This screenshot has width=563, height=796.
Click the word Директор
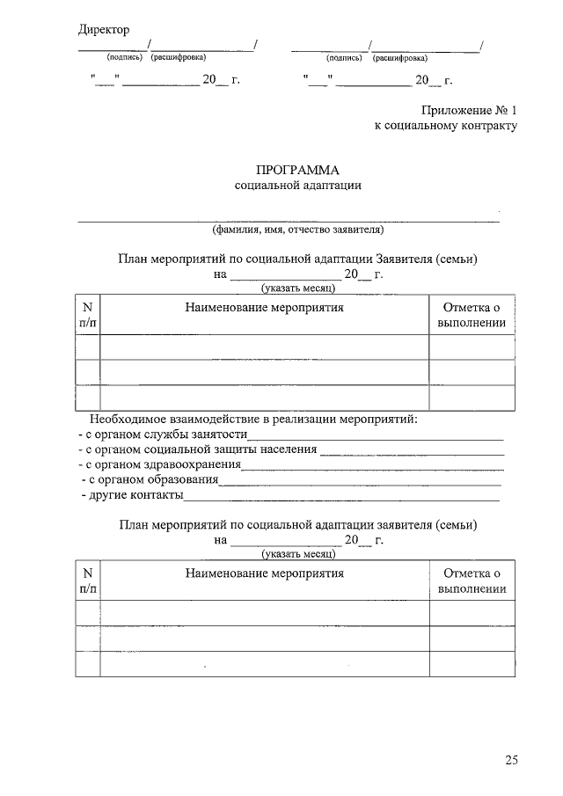[x=104, y=30]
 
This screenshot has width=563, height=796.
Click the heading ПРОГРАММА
[x=296, y=170]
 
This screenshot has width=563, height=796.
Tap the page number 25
[x=512, y=759]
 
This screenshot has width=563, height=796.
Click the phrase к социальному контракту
[x=446, y=127]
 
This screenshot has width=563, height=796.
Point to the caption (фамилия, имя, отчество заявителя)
[x=297, y=230]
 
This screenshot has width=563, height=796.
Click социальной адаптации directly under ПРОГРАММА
[x=297, y=186]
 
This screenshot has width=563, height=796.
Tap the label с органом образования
[x=151, y=480]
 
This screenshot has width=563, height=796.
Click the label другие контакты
[x=132, y=495]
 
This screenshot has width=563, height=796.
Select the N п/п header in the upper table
[x=87, y=315]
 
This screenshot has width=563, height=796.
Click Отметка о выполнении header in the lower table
[x=472, y=581]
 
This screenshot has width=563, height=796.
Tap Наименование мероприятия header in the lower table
[x=264, y=573]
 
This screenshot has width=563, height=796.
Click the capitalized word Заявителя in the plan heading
[x=406, y=259]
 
